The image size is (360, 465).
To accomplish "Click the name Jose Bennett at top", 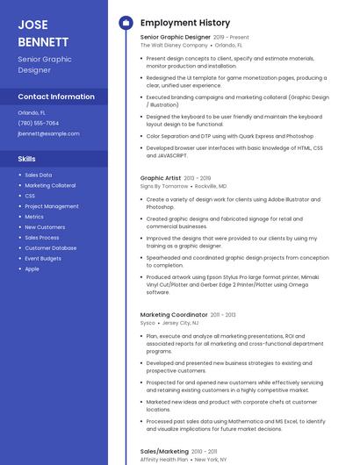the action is click(x=43, y=32).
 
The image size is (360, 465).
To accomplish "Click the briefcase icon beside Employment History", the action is click(x=126, y=23).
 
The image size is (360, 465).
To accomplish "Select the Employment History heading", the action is click(x=185, y=23).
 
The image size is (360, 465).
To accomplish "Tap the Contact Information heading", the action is click(x=56, y=97).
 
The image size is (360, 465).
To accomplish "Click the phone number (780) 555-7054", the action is click(x=39, y=123).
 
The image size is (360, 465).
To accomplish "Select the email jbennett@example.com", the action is click(x=48, y=133).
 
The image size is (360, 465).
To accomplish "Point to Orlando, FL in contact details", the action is click(x=32, y=112).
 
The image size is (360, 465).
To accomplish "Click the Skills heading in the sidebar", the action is click(x=27, y=159).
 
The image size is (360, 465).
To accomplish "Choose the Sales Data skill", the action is click(x=39, y=175).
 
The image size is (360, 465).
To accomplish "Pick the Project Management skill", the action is click(x=52, y=206).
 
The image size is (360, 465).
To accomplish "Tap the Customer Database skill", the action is click(x=51, y=248).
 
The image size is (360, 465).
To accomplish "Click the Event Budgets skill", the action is click(x=43, y=259).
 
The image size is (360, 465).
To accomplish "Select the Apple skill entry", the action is click(x=32, y=269).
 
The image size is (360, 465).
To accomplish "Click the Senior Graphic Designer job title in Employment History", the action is click(x=176, y=37).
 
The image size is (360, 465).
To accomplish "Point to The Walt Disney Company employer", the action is click(x=174, y=45).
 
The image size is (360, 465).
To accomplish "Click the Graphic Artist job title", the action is click(x=161, y=178).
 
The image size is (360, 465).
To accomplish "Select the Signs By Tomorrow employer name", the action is click(x=164, y=186).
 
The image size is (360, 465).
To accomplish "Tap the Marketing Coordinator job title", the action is click(x=174, y=314).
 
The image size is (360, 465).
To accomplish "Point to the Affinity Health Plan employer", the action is click(x=164, y=459).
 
